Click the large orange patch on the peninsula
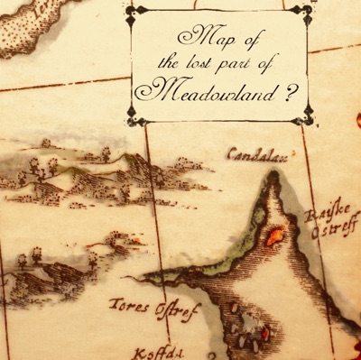[274, 236]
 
